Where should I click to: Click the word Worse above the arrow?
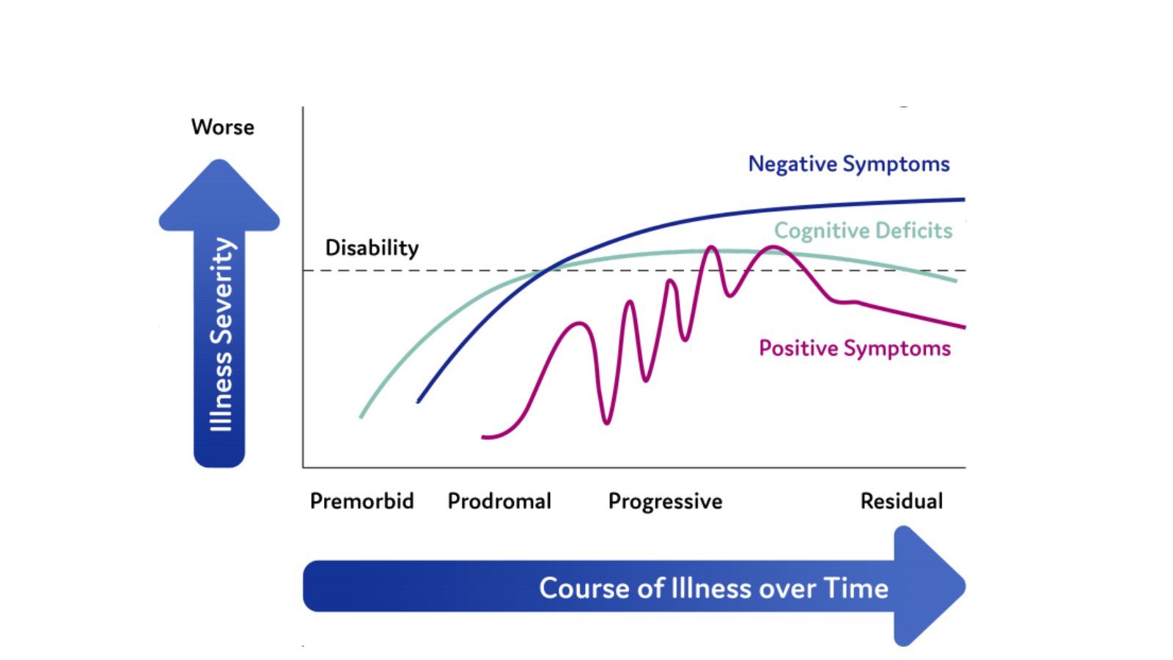coord(222,127)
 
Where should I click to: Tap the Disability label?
coord(372,248)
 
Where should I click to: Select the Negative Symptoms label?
coord(848,164)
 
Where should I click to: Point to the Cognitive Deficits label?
coord(863,230)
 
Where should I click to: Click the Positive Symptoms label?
coord(854,348)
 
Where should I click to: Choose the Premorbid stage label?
coord(361,501)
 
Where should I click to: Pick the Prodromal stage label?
coord(499,501)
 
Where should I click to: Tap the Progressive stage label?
coord(665,502)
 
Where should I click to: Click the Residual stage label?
coord(901,501)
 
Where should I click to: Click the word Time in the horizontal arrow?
coord(856,588)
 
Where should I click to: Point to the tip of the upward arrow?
coord(219,161)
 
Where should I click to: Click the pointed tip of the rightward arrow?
coord(963,586)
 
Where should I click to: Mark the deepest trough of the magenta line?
coord(606,422)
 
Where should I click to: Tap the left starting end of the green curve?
coord(361,417)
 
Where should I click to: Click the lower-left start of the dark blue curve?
coord(418,401)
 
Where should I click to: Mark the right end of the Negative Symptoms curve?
coord(963,199)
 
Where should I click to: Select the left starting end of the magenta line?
coord(483,437)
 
